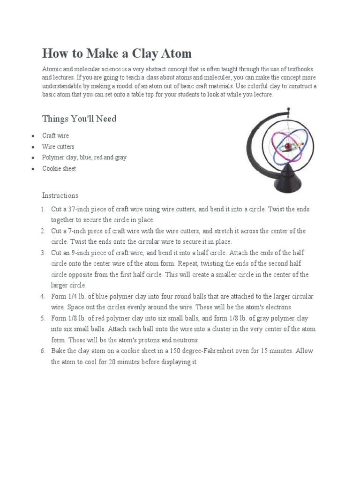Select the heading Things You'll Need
pos(79,119)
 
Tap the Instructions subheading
pos(60,195)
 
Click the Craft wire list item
pos(55,135)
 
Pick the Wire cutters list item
pos(58,147)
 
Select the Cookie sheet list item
pos(59,169)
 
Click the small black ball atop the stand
pos(289,111)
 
